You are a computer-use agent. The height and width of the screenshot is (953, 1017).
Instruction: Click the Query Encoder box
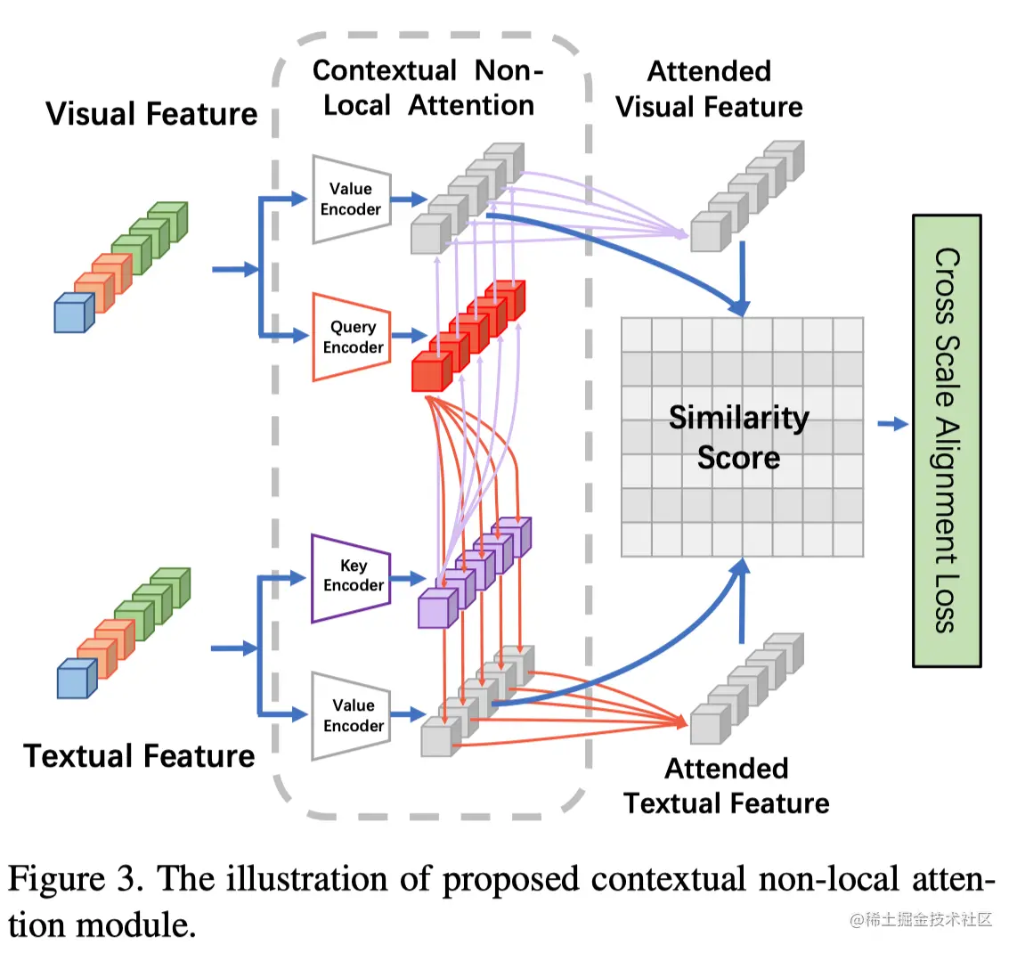[352, 337]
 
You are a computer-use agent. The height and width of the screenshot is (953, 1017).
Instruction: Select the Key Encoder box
[351, 576]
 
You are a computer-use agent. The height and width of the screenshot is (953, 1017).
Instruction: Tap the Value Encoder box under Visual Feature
[352, 199]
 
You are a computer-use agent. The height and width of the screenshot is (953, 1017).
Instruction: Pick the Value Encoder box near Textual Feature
[352, 715]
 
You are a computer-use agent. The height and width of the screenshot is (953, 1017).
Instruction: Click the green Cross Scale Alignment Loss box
[946, 440]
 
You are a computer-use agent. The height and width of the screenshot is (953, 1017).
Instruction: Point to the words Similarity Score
[739, 436]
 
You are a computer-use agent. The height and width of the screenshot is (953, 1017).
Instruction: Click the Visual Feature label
[151, 114]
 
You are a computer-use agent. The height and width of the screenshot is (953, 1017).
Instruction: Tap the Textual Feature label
[140, 755]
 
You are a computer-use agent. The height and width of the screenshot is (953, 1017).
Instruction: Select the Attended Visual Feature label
[709, 89]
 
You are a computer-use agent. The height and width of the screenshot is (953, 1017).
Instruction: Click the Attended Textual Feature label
[727, 786]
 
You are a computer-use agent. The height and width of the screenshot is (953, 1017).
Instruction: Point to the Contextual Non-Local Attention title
[428, 87]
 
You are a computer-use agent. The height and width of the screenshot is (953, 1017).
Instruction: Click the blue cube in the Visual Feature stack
[73, 314]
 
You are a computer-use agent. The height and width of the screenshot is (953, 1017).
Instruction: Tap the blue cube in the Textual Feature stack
[77, 680]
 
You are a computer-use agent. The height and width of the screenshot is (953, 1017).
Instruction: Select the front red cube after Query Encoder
[430, 372]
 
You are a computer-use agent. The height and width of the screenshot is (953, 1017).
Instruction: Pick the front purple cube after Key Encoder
[436, 608]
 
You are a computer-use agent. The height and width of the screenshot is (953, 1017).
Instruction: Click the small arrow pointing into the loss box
[892, 424]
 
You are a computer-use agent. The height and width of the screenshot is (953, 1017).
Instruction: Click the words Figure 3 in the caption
[75, 879]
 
